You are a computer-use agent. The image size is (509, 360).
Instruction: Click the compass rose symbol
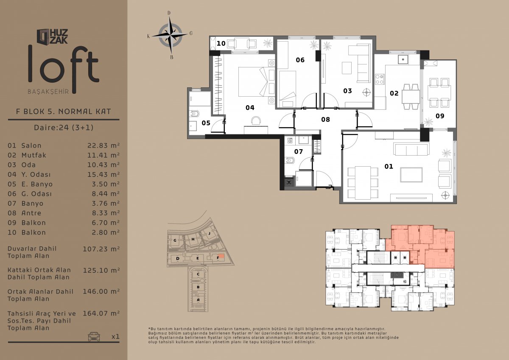(x=170, y=35)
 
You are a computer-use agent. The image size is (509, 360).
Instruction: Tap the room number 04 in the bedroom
(x=250, y=108)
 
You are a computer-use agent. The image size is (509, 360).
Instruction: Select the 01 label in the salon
(x=389, y=167)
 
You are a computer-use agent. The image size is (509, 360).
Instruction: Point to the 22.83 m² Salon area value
(x=103, y=145)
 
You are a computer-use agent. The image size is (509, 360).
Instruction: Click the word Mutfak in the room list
(x=34, y=155)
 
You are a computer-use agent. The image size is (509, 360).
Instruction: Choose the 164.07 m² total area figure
(x=101, y=313)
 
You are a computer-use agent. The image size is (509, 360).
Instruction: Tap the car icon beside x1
(x=94, y=336)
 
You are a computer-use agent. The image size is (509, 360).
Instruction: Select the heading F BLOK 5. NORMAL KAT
(x=63, y=112)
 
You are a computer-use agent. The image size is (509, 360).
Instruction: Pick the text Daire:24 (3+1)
(x=64, y=127)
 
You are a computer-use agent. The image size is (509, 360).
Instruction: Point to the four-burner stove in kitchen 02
(x=380, y=79)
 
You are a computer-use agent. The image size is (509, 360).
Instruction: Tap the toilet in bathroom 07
(x=289, y=161)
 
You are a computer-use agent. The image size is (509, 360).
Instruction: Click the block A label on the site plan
(x=198, y=300)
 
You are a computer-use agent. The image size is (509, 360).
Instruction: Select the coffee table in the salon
(x=411, y=175)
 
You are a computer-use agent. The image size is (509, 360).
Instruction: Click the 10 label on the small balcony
(x=221, y=43)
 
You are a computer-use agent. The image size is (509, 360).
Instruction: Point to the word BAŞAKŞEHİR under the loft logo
(x=48, y=92)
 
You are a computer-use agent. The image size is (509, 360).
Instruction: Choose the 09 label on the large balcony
(x=440, y=116)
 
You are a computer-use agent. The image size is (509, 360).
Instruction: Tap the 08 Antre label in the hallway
(x=325, y=120)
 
